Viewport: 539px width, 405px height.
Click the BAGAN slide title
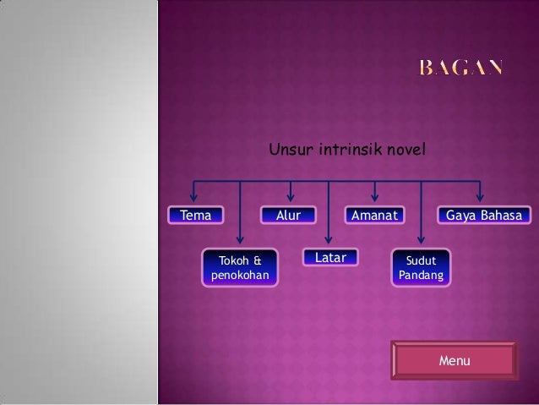pyautogui.click(x=462, y=68)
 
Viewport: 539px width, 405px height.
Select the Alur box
pyautogui.click(x=288, y=216)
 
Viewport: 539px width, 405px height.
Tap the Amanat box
pyautogui.click(x=374, y=216)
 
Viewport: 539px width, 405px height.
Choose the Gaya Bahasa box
pyautogui.click(x=483, y=216)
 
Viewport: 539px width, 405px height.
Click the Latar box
pyautogui.click(x=330, y=257)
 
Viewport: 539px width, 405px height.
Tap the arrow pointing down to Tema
pyautogui.click(x=194, y=194)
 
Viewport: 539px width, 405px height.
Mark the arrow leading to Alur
pyautogui.click(x=291, y=194)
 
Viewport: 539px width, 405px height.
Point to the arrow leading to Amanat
pyautogui.click(x=375, y=194)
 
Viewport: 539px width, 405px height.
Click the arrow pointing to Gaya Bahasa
pyautogui.click(x=481, y=194)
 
